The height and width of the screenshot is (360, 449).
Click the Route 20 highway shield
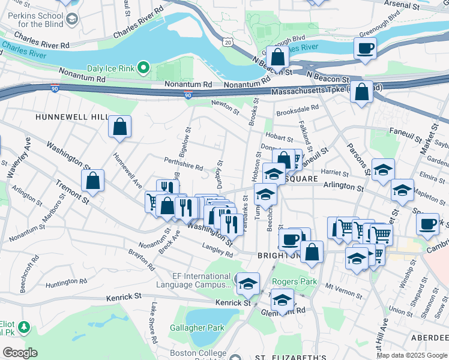[x=226, y=42]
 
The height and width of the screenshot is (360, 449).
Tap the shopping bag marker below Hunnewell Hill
[x=120, y=127]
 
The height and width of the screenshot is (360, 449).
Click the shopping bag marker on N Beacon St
[x=277, y=58]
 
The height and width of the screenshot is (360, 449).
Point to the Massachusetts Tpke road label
[x=318, y=91]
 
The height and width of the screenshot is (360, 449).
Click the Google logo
[x=19, y=352]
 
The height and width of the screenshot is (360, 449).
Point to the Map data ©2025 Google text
[x=412, y=355]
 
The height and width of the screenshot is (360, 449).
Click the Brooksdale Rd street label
[x=297, y=110]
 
